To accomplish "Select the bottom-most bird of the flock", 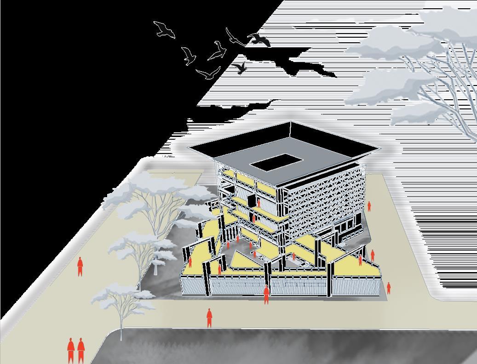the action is (x=208, y=73).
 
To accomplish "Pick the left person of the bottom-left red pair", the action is (x=71, y=351).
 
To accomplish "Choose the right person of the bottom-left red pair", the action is (x=81, y=351).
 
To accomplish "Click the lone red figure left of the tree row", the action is (x=80, y=267).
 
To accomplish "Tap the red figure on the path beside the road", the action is (x=209, y=318).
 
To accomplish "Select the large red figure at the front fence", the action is (x=266, y=295).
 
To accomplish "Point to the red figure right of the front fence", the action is (x=389, y=288).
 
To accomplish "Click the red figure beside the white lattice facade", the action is (x=369, y=206).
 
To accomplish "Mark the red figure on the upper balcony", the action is (x=259, y=204).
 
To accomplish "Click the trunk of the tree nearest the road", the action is (x=121, y=324).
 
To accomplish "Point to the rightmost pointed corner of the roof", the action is (x=381, y=148).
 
